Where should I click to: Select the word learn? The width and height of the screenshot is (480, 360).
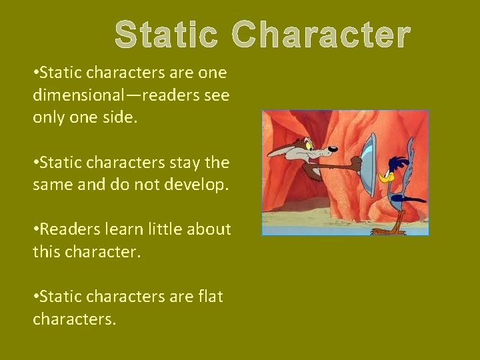(x=123, y=229)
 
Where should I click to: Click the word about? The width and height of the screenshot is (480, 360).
(x=209, y=229)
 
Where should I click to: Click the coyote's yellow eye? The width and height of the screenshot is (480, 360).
(x=309, y=144)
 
